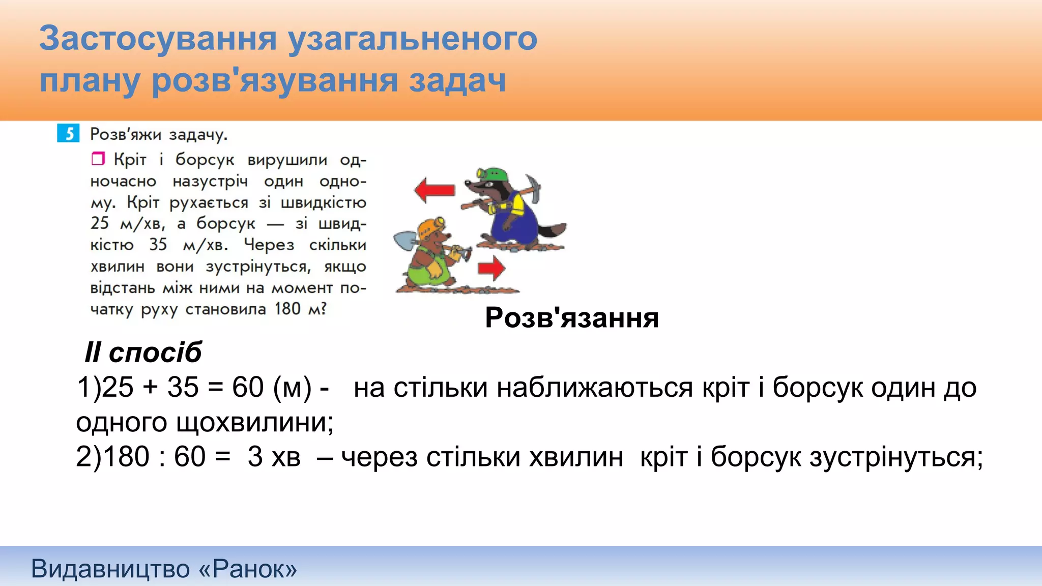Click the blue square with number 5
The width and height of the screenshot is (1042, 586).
point(68,133)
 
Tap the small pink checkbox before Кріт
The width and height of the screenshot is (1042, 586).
point(98,159)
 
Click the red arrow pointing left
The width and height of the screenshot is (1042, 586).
point(434,190)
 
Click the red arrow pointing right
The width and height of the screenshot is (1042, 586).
point(491,269)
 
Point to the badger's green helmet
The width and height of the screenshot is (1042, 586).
point(492,174)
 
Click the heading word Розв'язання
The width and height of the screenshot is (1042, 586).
point(572,317)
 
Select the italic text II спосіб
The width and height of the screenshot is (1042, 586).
point(143,352)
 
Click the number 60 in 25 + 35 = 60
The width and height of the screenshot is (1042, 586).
point(248,387)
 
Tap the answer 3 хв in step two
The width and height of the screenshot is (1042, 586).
point(274,456)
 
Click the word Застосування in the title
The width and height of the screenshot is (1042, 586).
point(158,38)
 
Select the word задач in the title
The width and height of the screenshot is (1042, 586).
point(457,80)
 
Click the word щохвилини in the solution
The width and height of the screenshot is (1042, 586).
point(254,422)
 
